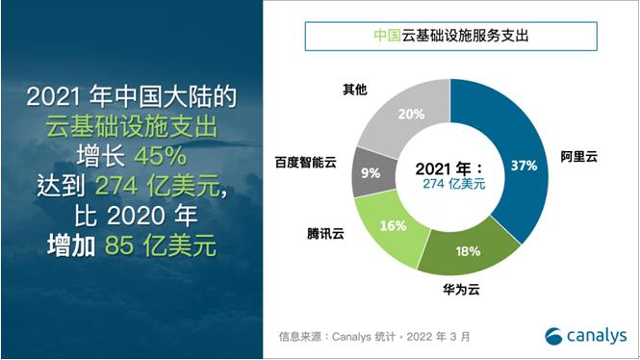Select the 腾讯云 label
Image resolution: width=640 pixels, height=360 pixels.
(x=320, y=233)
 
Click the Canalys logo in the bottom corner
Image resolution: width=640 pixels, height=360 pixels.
(x=584, y=334)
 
